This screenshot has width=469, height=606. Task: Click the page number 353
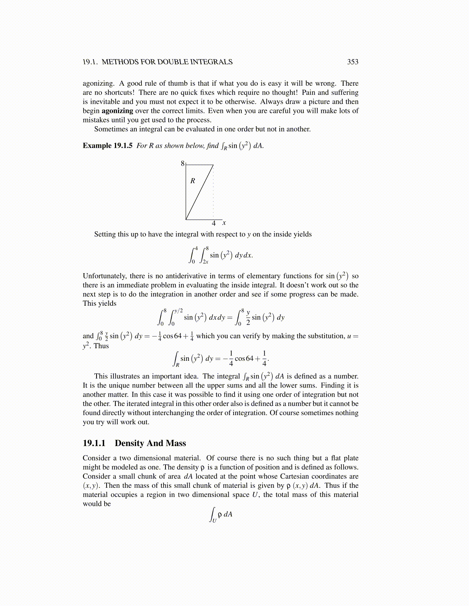353,62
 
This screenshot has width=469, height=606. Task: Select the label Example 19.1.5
108,146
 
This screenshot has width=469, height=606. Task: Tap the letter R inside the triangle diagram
193,181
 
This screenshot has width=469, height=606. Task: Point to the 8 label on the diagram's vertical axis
182,164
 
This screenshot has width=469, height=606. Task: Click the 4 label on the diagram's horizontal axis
214,223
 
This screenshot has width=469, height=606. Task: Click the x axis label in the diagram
224,223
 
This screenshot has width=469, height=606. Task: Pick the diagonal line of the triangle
200,192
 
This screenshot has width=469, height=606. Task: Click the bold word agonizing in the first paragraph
117,111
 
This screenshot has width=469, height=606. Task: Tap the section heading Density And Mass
150,443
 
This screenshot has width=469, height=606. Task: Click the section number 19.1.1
94,443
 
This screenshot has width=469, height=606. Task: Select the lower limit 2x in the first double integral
206,262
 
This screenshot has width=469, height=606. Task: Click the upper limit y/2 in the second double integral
179,310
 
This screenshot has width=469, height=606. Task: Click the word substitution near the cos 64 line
325,336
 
